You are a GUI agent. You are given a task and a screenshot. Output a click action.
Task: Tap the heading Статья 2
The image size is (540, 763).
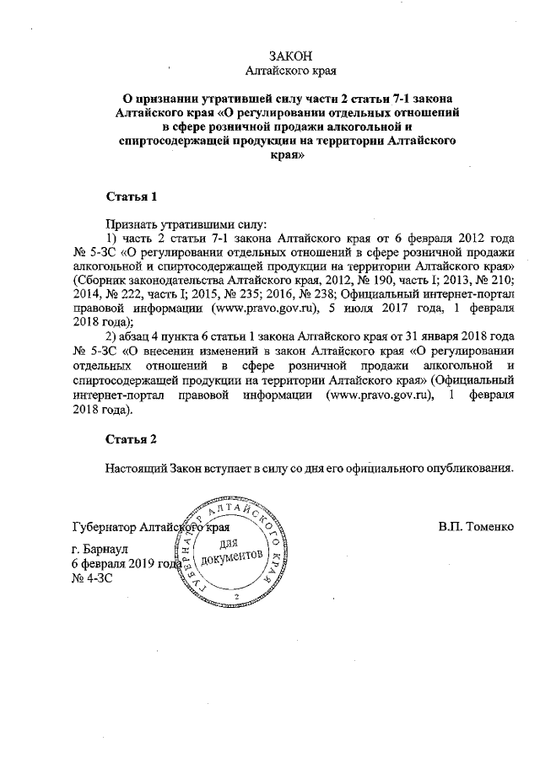(132, 439)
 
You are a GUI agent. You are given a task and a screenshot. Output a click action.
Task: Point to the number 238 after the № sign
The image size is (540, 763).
(278, 293)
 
